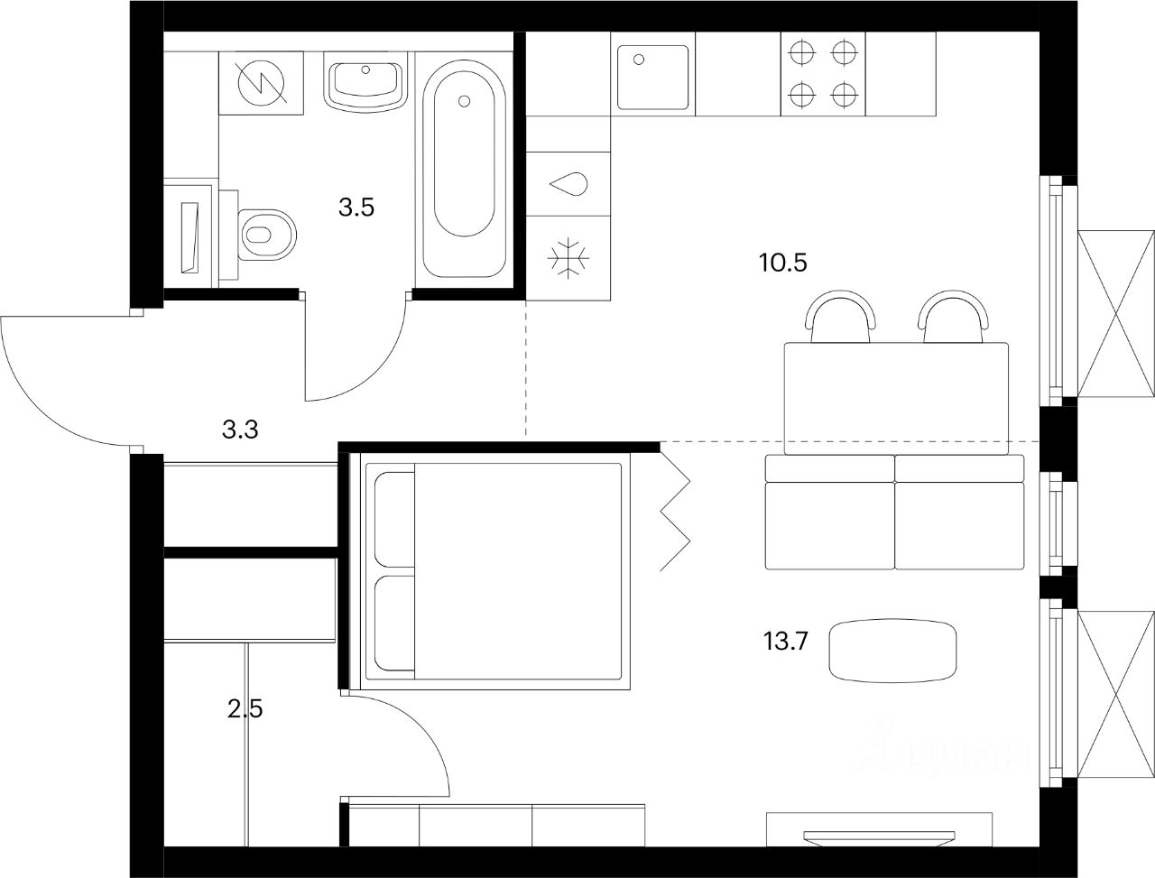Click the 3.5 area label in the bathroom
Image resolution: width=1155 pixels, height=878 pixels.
tap(356, 208)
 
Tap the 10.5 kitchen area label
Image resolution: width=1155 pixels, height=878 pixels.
tap(782, 263)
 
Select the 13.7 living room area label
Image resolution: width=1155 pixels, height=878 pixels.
tap(785, 642)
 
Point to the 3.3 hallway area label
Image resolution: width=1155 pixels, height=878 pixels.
tap(241, 430)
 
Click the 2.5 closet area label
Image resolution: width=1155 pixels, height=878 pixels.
tap(245, 707)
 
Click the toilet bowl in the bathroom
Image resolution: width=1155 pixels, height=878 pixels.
tap(266, 234)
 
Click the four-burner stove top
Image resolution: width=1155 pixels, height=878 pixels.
tap(821, 73)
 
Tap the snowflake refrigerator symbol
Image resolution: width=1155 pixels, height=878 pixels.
tap(569, 257)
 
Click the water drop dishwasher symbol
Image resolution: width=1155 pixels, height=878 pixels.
tap(569, 184)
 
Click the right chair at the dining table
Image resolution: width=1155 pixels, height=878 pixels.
tap(953, 319)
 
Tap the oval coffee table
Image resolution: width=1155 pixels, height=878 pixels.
tap(893, 651)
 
